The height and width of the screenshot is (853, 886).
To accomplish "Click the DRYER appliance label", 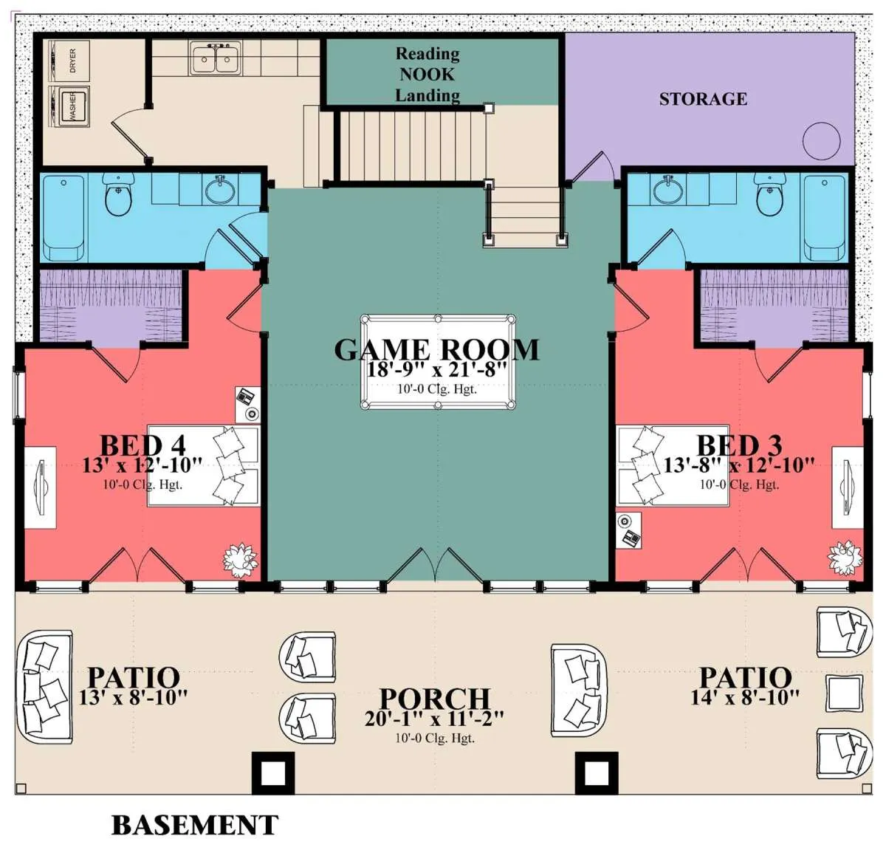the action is point(73,61).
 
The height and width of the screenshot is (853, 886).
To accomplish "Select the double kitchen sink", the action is point(216,58).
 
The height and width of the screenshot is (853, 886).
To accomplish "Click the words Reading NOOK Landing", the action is point(427,75).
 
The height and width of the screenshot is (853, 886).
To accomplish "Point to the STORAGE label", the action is point(703,99).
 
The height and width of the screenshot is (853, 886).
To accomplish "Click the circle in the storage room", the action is point(821,141).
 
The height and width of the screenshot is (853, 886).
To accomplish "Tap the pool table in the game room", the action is point(438,362).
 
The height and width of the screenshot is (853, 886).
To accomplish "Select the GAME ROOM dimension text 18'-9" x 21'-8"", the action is point(437,369).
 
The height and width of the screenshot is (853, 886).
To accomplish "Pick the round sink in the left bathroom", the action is point(220,191).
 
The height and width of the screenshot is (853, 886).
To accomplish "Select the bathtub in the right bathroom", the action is point(825,218).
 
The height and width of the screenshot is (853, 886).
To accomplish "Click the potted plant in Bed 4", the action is point(240,560).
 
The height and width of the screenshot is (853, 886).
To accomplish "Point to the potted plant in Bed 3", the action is point(845,558).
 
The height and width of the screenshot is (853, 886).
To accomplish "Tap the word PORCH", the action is point(434,699).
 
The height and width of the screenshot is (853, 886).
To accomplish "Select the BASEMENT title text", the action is point(195,825).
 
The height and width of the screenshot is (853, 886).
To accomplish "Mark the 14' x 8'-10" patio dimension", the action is point(745,698).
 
